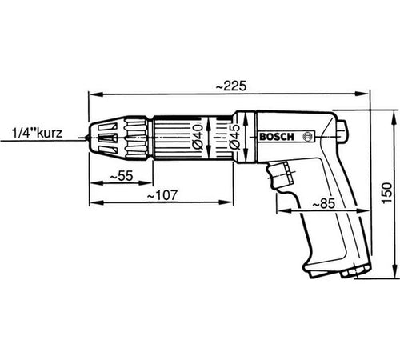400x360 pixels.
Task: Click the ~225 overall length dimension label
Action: click(231, 86)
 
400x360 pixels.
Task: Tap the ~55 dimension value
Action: click(121, 176)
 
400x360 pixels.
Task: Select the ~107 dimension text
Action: click(162, 195)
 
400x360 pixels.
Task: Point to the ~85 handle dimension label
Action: click(323, 204)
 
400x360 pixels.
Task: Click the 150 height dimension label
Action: click(387, 194)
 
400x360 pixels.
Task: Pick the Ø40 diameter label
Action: click(198, 137)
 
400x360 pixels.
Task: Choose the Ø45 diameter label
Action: click(235, 137)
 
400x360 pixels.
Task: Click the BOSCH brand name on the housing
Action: click(277, 137)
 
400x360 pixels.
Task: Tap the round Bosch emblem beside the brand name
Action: click(308, 137)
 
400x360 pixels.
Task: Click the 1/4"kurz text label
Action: click(37, 133)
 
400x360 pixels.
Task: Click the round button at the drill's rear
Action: click(343, 130)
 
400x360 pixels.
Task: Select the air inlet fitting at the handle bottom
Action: click(354, 271)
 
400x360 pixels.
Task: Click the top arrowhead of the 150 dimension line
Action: click(394, 118)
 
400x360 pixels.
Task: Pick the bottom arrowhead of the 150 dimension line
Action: click(394, 271)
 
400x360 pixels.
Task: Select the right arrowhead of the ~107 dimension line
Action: click(226, 202)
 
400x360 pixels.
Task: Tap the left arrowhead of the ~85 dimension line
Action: click(284, 210)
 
